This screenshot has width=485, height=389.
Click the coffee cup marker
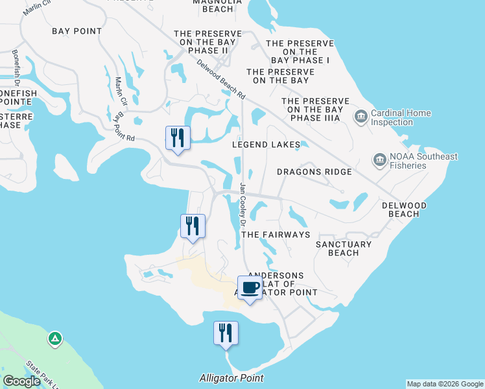tap(250, 288)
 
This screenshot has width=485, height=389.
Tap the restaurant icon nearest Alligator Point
tap(226, 333)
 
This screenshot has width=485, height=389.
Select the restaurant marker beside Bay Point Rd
tap(178, 137)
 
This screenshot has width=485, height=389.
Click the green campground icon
tap(55, 338)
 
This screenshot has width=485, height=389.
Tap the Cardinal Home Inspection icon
tap(361, 117)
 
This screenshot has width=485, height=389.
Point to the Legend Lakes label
tap(266, 145)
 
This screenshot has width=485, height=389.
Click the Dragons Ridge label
tap(314, 172)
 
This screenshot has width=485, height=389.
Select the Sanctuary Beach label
tap(344, 248)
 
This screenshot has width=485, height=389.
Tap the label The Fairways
tap(277, 234)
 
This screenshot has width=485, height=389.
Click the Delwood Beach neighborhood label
tap(404, 209)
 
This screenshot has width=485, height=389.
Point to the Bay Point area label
tap(77, 31)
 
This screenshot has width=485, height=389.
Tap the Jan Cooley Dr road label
tap(243, 204)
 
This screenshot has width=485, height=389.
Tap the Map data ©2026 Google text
tap(444, 384)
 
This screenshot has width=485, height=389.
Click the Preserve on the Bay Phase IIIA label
tap(315, 110)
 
